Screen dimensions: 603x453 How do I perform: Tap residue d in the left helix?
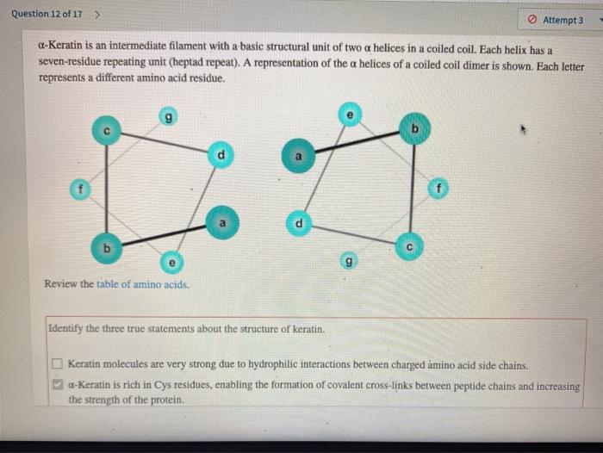tap(221, 154)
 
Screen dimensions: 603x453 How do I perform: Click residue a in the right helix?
tap(298, 158)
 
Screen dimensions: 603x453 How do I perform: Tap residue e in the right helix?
tap(349, 114)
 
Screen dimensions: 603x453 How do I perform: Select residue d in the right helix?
tap(298, 222)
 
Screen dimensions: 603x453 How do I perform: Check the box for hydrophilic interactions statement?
tap(58, 365)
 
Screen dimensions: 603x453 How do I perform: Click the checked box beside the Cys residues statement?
tap(58, 386)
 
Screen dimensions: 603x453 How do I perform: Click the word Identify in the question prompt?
tap(68, 329)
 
